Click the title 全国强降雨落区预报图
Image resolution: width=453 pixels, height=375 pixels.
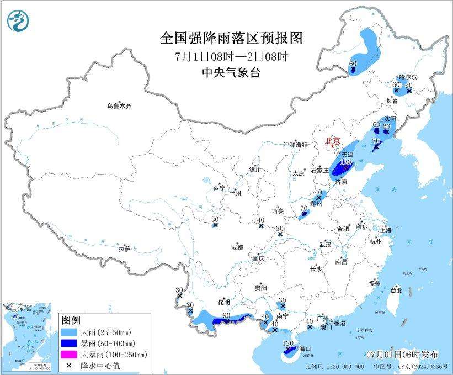click(x=231, y=38)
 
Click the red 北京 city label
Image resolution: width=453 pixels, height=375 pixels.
click(x=334, y=141)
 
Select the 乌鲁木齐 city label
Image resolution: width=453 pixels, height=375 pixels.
click(x=120, y=105)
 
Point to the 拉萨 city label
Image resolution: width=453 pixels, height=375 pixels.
click(x=124, y=249)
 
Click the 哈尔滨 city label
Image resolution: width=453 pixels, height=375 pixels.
click(x=409, y=77)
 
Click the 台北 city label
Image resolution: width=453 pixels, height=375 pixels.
click(x=396, y=290)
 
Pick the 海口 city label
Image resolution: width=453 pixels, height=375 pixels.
click(x=305, y=349)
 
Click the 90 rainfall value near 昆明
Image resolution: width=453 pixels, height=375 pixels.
click(x=226, y=315)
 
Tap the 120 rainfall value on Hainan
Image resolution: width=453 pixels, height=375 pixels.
click(x=287, y=344)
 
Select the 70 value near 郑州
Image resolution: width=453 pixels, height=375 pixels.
click(x=303, y=208)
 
